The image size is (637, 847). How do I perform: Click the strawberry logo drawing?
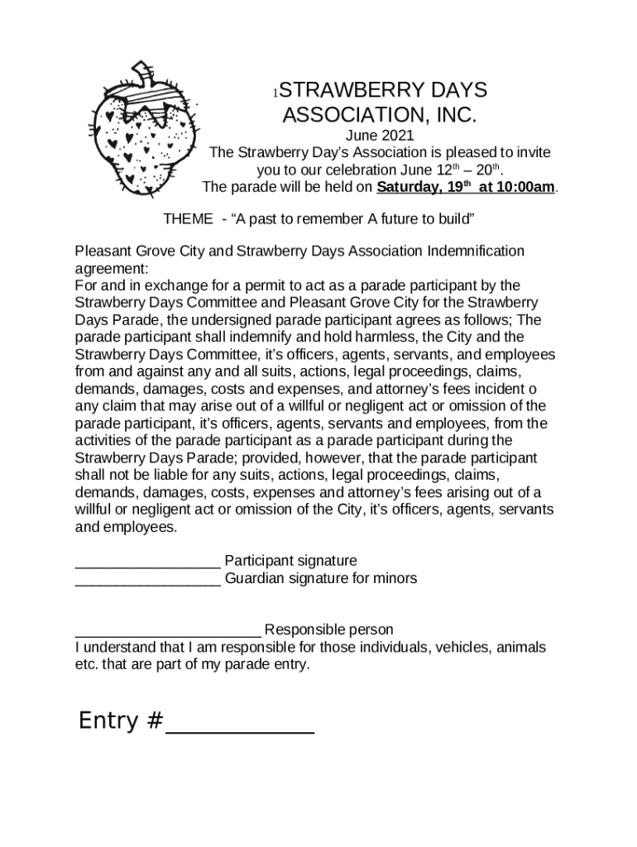[146, 132]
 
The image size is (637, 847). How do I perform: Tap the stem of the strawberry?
[145, 73]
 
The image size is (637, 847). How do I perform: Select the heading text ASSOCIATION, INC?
[380, 115]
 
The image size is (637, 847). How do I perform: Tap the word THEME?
[188, 218]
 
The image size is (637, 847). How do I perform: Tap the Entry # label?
[120, 721]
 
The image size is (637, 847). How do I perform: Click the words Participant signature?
[290, 561]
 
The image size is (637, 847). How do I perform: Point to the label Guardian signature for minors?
[321, 578]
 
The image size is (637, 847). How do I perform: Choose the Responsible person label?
[328, 630]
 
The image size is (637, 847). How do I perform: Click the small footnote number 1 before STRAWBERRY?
[278, 92]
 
